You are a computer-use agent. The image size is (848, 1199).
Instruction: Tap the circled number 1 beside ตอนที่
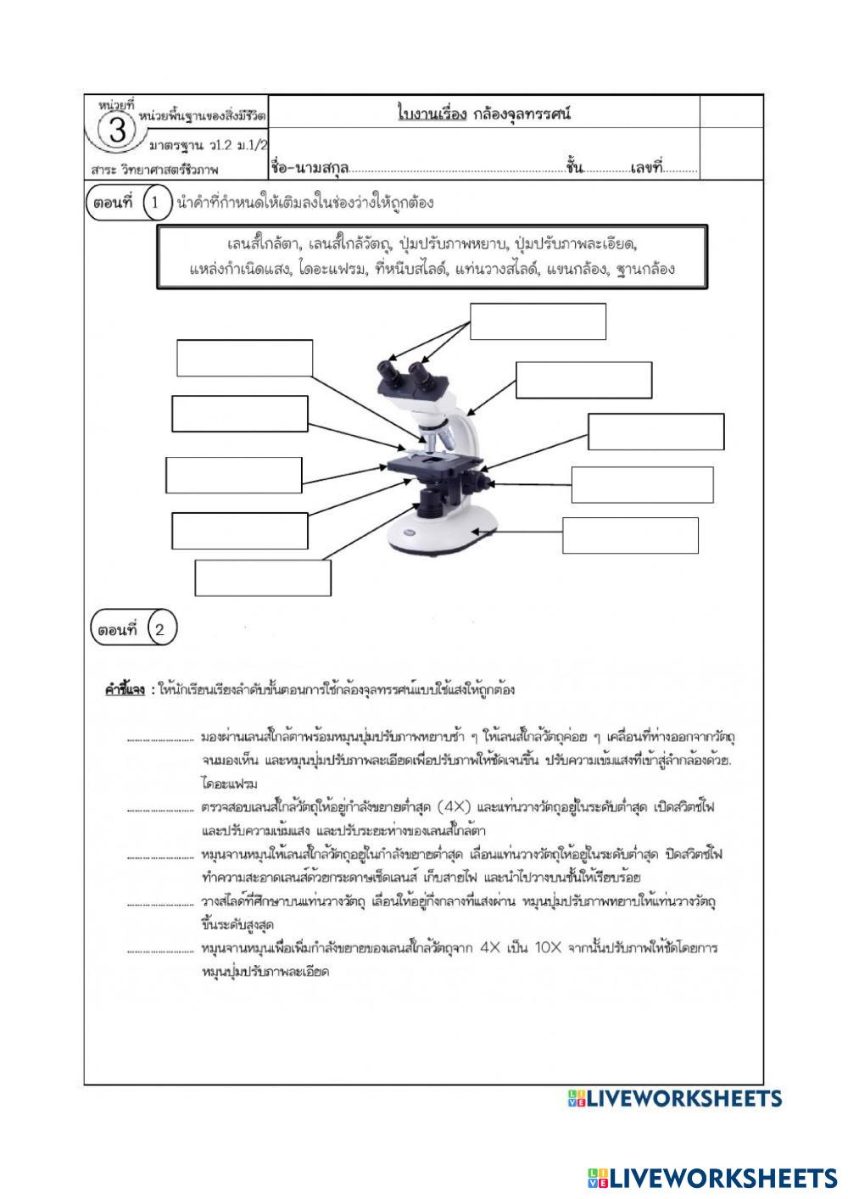point(155,204)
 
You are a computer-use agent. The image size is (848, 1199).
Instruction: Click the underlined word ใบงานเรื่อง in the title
point(432,114)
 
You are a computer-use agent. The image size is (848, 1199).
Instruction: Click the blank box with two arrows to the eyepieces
point(538,321)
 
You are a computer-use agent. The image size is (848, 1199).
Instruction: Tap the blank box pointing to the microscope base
point(630,535)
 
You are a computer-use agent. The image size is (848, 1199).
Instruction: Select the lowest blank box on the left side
point(263,577)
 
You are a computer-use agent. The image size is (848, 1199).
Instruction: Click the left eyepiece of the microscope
point(389,373)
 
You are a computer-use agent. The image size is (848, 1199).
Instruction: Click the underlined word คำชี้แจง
point(125,689)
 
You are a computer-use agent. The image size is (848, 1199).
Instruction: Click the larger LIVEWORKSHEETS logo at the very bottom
point(711,1178)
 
